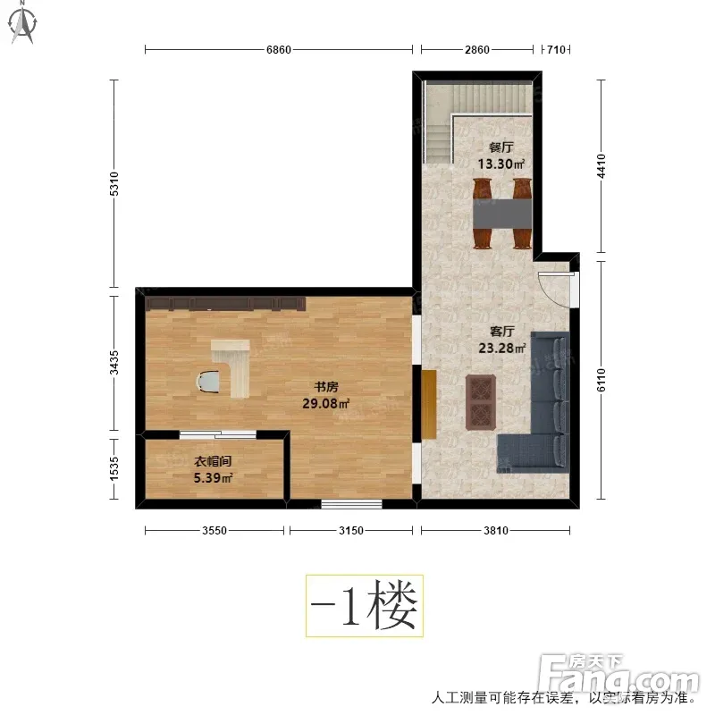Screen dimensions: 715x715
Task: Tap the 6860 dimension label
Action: pyautogui.click(x=279, y=49)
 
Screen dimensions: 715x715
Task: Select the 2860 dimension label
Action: pyautogui.click(x=477, y=49)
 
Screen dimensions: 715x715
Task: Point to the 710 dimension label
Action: pyautogui.click(x=556, y=49)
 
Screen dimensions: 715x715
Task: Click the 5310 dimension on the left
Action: pyautogui.click(x=114, y=184)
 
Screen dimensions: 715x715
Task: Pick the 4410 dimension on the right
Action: pyautogui.click(x=601, y=166)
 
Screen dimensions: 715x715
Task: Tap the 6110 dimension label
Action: pyautogui.click(x=601, y=380)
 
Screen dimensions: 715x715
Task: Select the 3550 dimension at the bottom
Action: pyautogui.click(x=214, y=530)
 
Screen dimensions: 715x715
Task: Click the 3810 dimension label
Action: pyautogui.click(x=496, y=530)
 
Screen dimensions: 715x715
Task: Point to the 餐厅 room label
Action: pyautogui.click(x=500, y=147)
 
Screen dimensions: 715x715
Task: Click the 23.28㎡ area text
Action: pyautogui.click(x=501, y=349)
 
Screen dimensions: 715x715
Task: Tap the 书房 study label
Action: pyautogui.click(x=326, y=387)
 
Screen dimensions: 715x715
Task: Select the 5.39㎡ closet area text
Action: pyautogui.click(x=213, y=478)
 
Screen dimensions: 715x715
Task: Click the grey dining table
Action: pyautogui.click(x=502, y=214)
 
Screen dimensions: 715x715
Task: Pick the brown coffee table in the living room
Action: pyautogui.click(x=481, y=402)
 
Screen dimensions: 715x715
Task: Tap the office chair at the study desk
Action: pyautogui.click(x=207, y=382)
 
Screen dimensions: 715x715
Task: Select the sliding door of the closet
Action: pyautogui.click(x=218, y=434)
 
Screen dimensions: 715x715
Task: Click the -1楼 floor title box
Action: pyautogui.click(x=365, y=606)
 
